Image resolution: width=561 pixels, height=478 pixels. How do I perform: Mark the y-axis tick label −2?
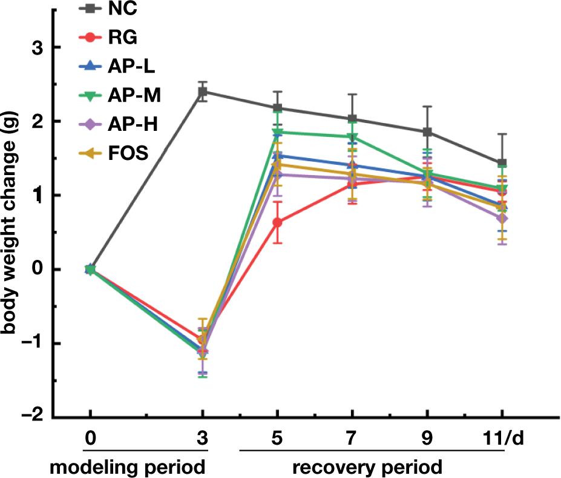[x=33, y=417]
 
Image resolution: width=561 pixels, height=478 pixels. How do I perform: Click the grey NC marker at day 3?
[x=203, y=91]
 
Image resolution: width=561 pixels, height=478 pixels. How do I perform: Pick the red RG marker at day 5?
[x=277, y=222]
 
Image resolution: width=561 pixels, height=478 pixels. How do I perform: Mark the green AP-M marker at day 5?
[x=277, y=132]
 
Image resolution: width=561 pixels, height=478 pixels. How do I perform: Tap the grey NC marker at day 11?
[x=502, y=164]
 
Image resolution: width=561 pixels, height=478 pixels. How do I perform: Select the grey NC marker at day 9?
[x=427, y=131]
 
